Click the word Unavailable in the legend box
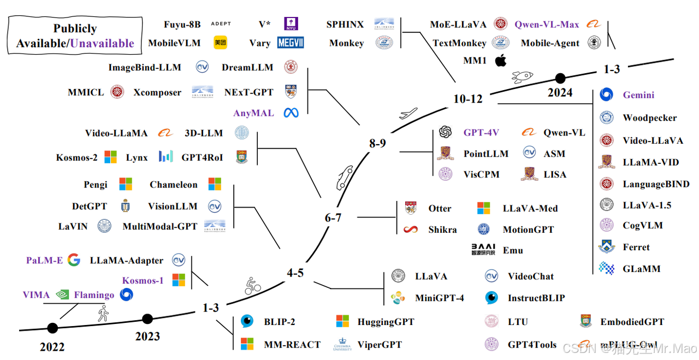[102, 43]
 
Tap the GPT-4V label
[481, 132]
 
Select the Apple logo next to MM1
[500, 61]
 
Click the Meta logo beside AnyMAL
[292, 113]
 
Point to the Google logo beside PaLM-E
[74, 260]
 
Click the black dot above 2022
[52, 328]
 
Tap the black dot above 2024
[560, 78]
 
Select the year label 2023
[147, 336]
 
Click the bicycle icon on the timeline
[252, 286]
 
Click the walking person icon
[103, 314]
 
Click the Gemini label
[638, 95]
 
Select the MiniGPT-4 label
[439, 298]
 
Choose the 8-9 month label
[377, 143]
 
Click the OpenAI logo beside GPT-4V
[445, 132]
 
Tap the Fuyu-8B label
[182, 25]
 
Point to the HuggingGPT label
[386, 322]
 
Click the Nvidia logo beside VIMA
[62, 295]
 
